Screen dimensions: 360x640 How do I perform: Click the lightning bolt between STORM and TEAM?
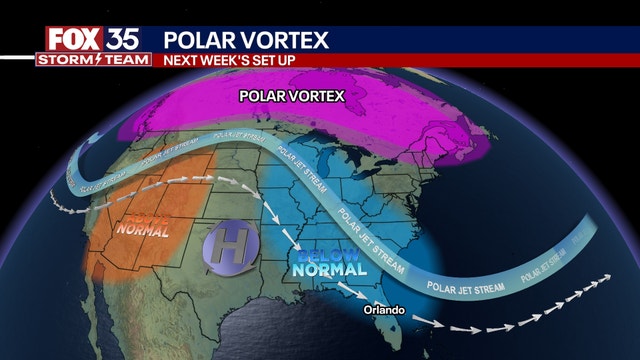[97, 59]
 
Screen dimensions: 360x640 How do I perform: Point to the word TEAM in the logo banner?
[123, 59]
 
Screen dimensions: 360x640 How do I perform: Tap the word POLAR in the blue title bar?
[200, 39]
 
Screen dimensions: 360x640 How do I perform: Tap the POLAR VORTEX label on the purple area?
[291, 97]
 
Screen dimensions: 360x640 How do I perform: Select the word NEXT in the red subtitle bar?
[183, 60]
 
